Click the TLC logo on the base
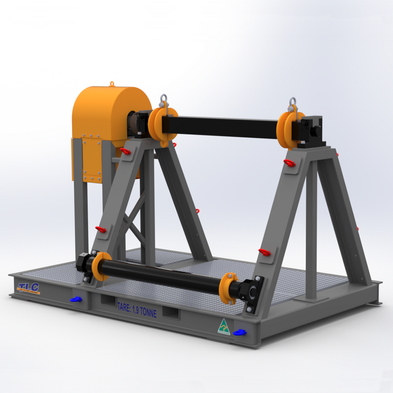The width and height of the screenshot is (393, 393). click(x=29, y=288)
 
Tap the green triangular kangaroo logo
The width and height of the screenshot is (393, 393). click(x=223, y=327)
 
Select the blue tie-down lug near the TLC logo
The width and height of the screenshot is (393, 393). click(x=76, y=299)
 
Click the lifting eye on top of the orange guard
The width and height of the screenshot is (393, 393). click(x=113, y=84)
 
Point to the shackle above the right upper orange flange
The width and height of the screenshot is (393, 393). click(x=293, y=104)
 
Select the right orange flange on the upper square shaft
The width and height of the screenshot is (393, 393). click(x=286, y=129)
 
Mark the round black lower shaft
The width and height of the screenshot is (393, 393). click(x=163, y=276)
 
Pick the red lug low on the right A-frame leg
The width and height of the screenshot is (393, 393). click(x=265, y=251)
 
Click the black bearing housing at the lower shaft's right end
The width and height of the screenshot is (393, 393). click(x=253, y=294)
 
